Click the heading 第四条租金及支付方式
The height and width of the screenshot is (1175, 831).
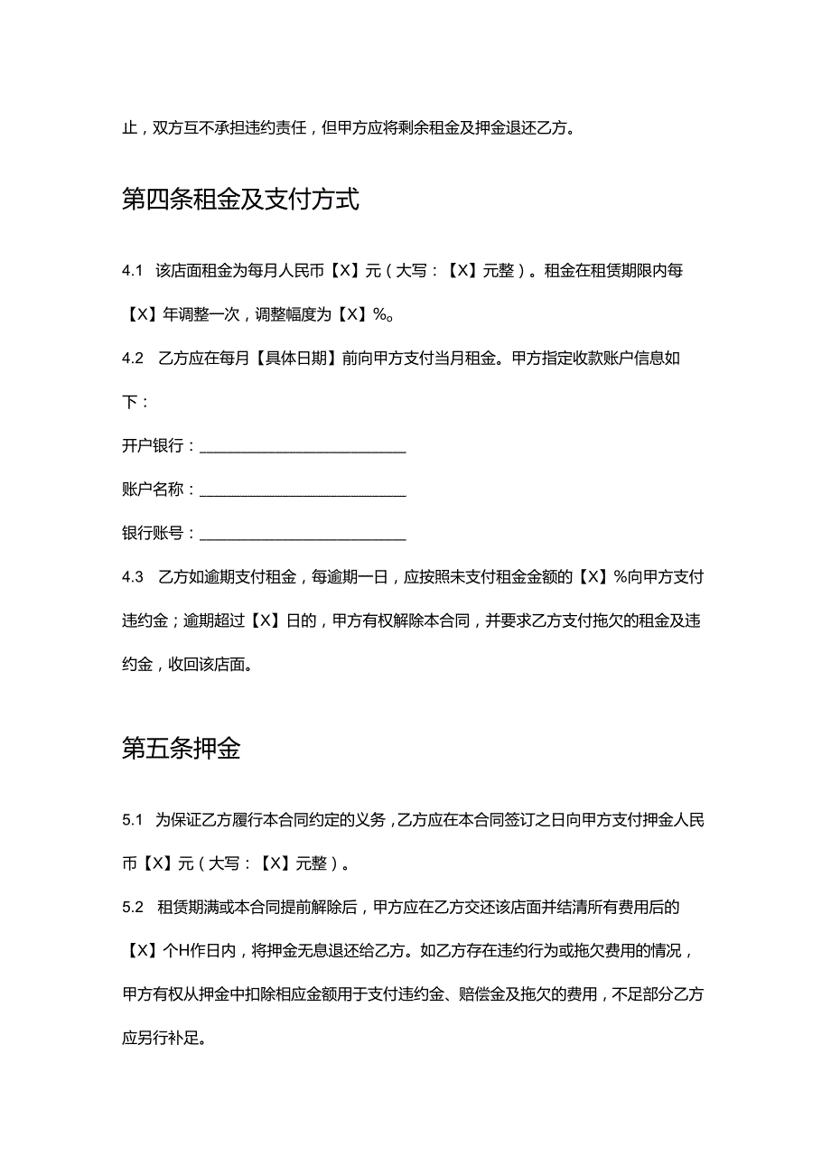(x=240, y=199)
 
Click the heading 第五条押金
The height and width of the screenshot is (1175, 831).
(x=181, y=749)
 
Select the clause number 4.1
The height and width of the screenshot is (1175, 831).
(x=133, y=271)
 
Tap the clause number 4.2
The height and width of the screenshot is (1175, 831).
(x=133, y=358)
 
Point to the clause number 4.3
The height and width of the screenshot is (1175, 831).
(x=133, y=577)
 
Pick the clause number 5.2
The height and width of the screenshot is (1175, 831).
(x=133, y=906)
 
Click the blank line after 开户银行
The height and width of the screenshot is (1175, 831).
(x=302, y=446)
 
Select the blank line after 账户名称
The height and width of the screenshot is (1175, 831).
(x=302, y=490)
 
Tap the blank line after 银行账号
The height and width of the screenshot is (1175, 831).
(x=302, y=534)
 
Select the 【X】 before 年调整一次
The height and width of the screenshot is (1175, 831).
(x=140, y=314)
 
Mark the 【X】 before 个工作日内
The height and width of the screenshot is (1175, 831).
(x=140, y=950)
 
